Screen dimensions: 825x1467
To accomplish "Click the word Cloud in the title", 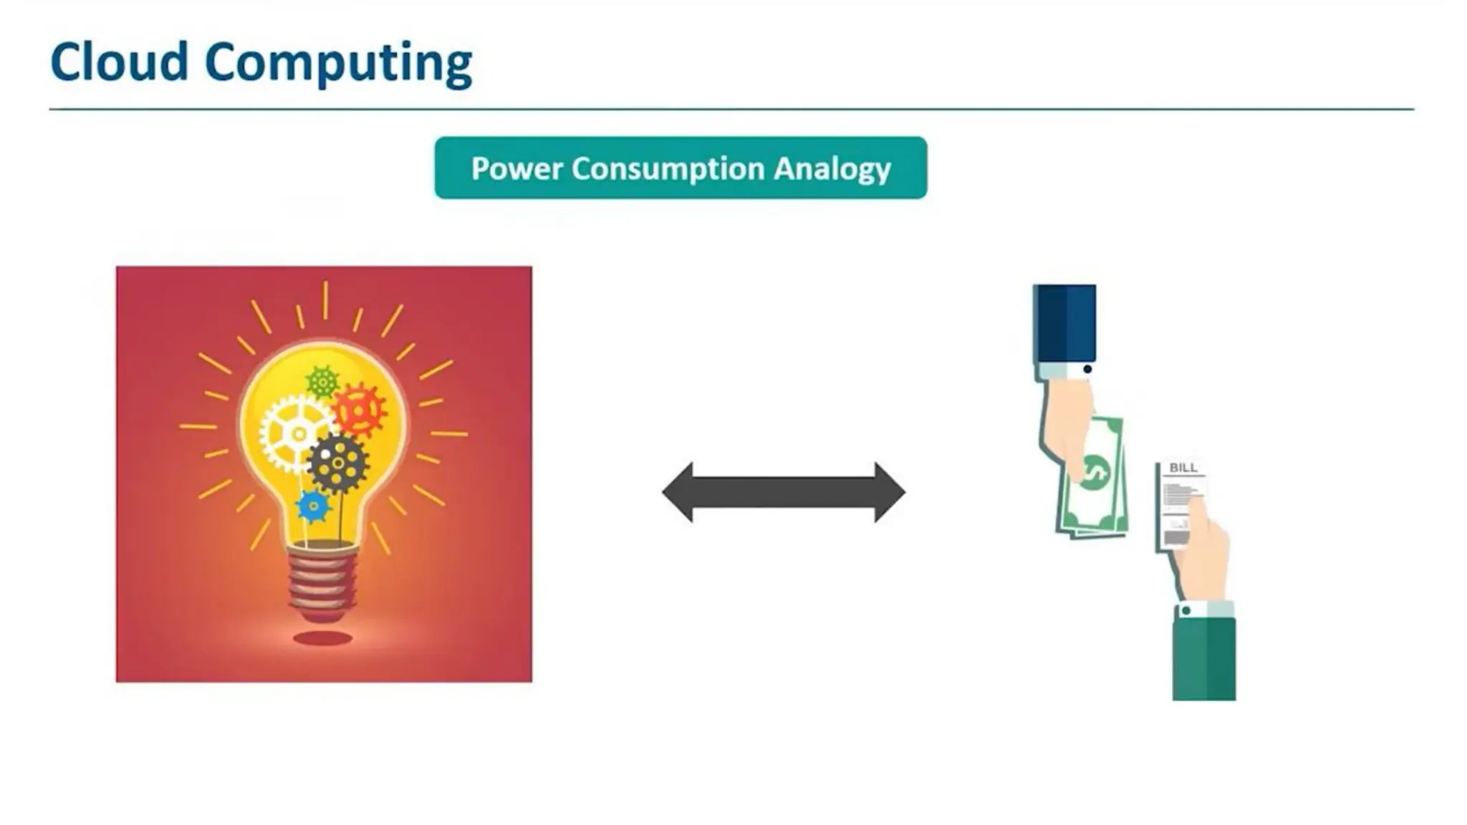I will tap(119, 62).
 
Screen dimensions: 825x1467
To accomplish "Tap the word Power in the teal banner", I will tap(516, 168).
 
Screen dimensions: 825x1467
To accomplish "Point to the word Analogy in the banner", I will tap(832, 169).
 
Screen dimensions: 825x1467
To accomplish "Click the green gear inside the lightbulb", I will tap(322, 382).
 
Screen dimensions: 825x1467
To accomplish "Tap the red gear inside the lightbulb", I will tap(358, 410).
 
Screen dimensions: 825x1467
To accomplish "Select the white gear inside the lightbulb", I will tap(296, 433).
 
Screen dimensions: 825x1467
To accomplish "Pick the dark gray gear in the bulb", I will tap(337, 463).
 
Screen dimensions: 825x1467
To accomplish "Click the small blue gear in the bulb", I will tap(313, 506).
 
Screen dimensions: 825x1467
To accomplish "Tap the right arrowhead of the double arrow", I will tap(889, 493).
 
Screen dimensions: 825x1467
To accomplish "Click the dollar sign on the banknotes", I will tap(1094, 473).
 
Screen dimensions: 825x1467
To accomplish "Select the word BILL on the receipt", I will tap(1183, 468).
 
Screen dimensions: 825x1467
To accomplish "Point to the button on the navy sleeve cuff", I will tap(1087, 370).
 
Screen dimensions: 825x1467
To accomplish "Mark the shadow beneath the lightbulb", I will tap(322, 637).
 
